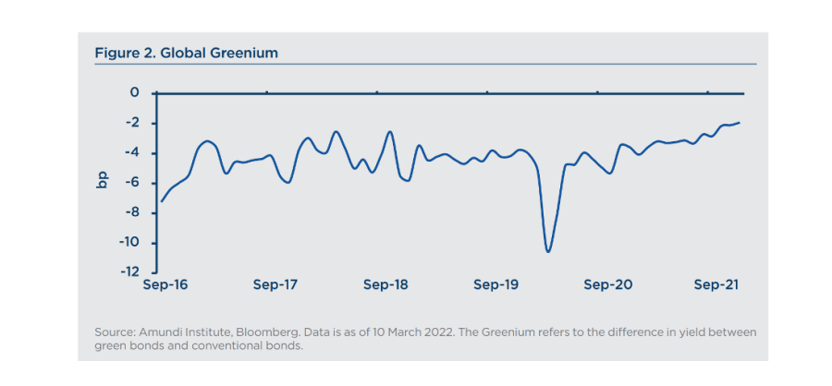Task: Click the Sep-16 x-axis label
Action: point(165,285)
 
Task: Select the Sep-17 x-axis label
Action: point(275,285)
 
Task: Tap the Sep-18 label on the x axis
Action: point(385,285)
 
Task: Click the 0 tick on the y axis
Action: point(135,93)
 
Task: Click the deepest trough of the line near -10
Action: point(548,251)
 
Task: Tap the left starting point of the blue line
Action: point(162,201)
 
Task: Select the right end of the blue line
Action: point(740,123)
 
